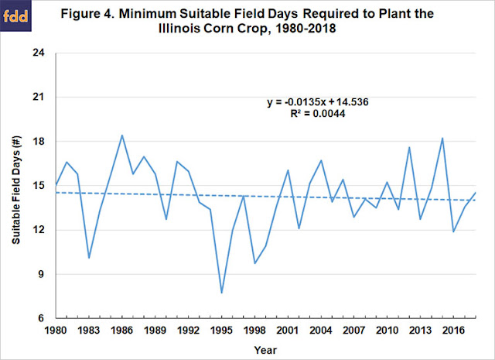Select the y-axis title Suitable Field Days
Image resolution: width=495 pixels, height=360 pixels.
pyautogui.click(x=17, y=186)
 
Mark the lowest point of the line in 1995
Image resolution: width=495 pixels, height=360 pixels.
pyautogui.click(x=222, y=293)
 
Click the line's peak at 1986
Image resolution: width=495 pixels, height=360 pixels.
pyautogui.click(x=122, y=135)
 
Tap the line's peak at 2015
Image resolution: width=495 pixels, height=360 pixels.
pyautogui.click(x=442, y=139)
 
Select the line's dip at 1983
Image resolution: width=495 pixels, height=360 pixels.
pyautogui.click(x=89, y=258)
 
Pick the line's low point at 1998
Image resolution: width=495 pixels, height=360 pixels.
pyautogui.click(x=254, y=263)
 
